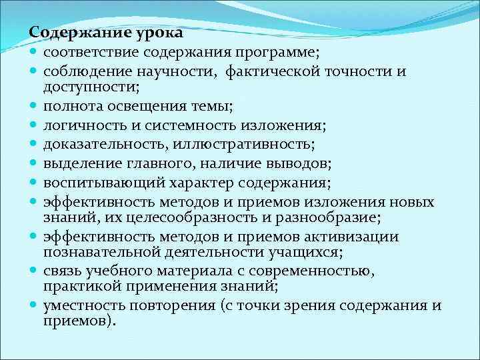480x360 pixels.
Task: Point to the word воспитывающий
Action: (x=88, y=183)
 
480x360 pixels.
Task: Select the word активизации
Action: (x=355, y=237)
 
